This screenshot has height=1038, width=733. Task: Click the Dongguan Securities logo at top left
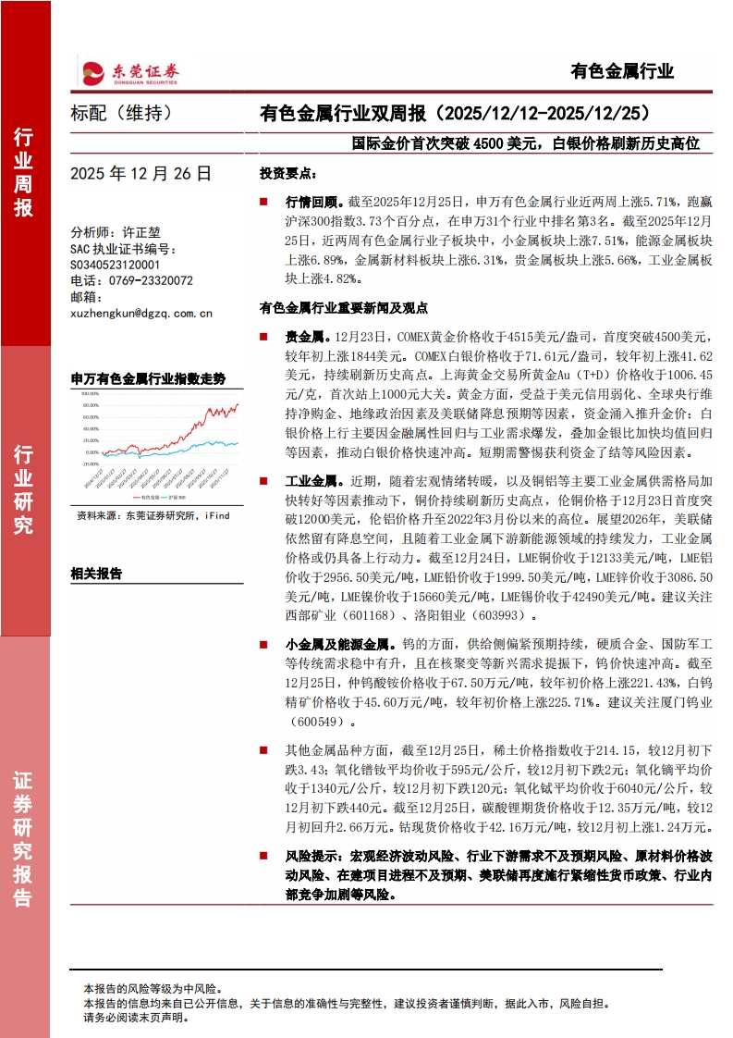pos(129,71)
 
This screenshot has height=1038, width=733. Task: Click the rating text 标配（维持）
pos(121,114)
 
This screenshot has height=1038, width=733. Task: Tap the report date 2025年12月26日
pos(140,173)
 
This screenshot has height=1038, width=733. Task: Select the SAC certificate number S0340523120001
pos(116,265)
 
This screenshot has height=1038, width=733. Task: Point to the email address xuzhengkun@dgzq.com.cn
pos(141,313)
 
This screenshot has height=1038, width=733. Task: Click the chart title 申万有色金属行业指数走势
pos(148,378)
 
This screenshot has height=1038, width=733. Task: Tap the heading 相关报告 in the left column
pos(96,574)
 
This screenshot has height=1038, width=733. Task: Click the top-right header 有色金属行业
pos(622,71)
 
